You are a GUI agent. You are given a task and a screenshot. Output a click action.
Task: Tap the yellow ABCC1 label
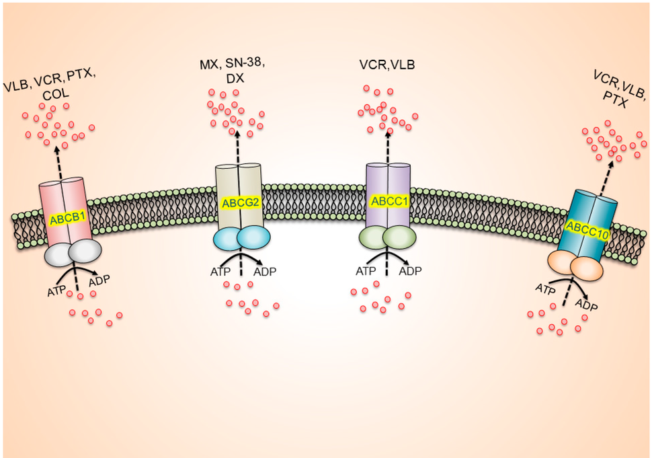point(388,201)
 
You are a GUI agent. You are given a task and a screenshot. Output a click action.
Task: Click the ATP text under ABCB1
point(56,292)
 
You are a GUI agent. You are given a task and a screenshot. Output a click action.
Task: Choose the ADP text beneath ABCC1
point(411,271)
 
